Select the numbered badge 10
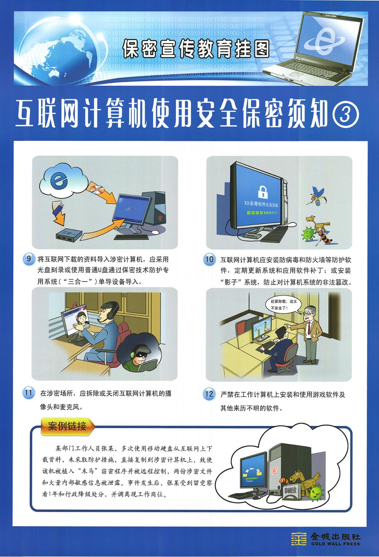(209, 259)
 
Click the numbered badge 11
(28, 393)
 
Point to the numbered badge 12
(209, 394)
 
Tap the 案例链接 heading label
(67, 426)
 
